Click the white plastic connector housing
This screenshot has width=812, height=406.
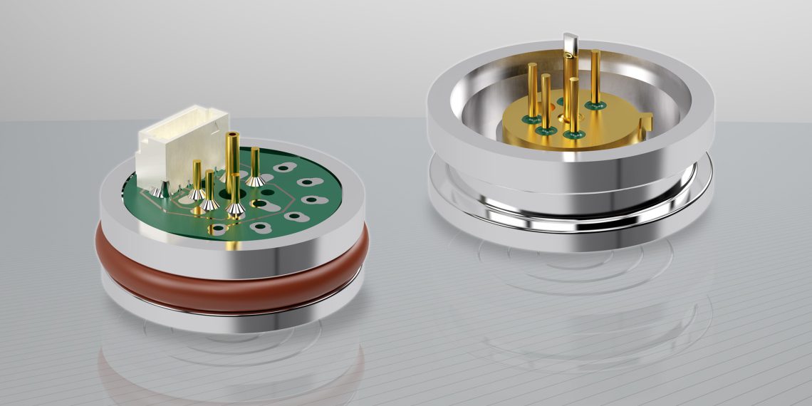coord(184,146)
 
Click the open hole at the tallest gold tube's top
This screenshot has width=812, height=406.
coord(232,135)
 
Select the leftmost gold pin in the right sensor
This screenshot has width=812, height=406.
coord(532,89)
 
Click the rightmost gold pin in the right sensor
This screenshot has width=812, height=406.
coord(594,75)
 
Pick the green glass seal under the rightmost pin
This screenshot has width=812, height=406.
coord(595,105)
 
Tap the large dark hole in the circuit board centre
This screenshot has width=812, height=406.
coord(265,192)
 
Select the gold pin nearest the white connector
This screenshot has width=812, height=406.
coord(197,178)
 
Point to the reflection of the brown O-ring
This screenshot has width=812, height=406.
coord(235,370)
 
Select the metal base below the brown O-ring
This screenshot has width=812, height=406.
coord(235,313)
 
